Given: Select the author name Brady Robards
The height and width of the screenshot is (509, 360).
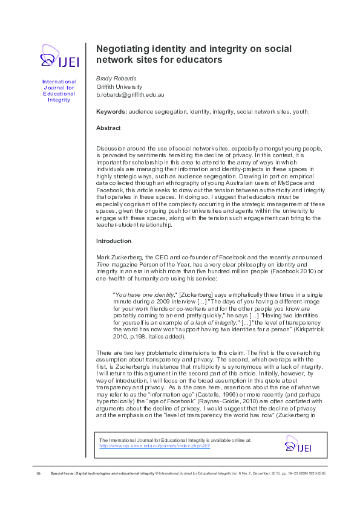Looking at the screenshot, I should point(116,79).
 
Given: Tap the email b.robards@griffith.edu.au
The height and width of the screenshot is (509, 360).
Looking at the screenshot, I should point(131,96).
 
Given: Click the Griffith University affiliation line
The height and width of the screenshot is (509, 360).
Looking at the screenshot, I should point(120,87).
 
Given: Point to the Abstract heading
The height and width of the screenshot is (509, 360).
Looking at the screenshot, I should point(108,128).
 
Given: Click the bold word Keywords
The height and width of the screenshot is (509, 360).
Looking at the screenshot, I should point(111,112).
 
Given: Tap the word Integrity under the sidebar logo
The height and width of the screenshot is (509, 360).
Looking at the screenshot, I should point(59,100).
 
